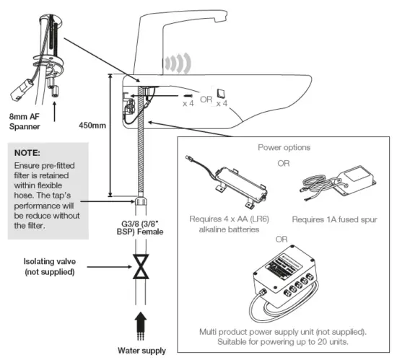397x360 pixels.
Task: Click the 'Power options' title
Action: tap(284, 146)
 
